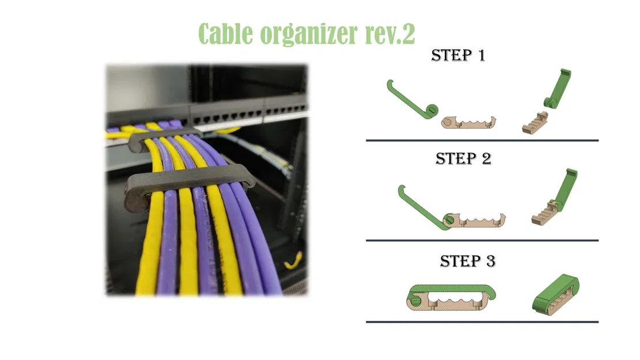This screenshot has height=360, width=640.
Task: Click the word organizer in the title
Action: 309,35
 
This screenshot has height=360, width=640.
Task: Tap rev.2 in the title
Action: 390,34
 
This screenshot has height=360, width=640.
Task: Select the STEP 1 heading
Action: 458,55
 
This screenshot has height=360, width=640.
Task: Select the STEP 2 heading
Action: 463,159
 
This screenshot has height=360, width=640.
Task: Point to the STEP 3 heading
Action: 468,262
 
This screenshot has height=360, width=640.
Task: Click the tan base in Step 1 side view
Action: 468,123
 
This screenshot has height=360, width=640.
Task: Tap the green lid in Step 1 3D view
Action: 558,88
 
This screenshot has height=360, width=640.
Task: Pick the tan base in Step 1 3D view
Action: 535,123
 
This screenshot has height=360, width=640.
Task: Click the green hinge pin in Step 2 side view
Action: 449,219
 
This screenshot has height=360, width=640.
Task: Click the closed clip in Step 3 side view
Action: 451,298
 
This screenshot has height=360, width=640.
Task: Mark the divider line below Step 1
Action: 482,141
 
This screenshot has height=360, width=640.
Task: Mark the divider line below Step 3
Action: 482,322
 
